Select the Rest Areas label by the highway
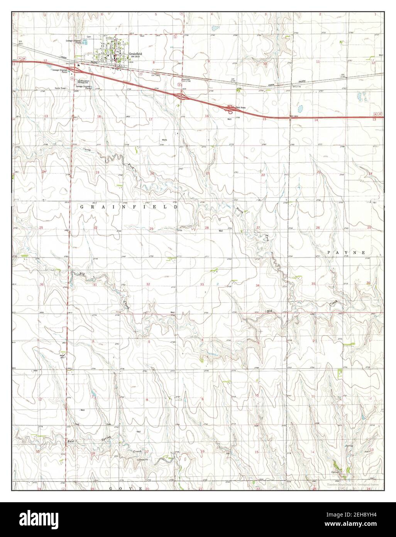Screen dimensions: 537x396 pyautogui.click(x=241, y=107)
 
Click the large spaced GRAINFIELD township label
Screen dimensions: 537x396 pyautogui.click(x=129, y=207)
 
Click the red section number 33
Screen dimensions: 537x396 pyautogui.click(x=202, y=284)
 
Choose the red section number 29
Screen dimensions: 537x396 pyautogui.click(x=152, y=229)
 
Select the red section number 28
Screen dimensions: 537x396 pyautogui.click(x=206, y=228)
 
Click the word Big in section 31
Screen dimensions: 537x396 pyautogui.click(x=82, y=274)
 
